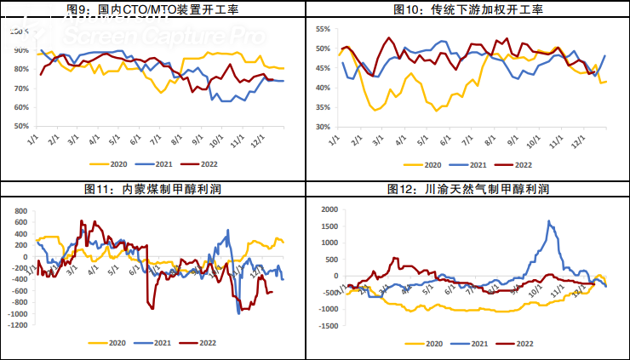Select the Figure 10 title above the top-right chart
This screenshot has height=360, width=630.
click(x=468, y=9)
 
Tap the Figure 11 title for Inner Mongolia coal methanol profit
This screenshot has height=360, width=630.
click(x=154, y=188)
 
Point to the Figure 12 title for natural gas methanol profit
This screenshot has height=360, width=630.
click(x=469, y=188)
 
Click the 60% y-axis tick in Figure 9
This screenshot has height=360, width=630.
click(x=20, y=106)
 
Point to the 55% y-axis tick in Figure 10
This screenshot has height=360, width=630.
click(x=322, y=29)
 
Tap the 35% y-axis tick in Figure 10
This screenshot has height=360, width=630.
click(x=322, y=107)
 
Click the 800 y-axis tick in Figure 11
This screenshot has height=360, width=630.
click(x=19, y=209)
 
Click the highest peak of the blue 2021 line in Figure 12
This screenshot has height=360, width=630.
click(x=549, y=221)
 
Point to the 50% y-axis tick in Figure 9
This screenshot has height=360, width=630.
click(x=20, y=126)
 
